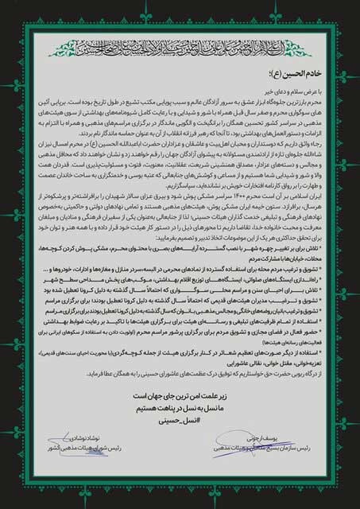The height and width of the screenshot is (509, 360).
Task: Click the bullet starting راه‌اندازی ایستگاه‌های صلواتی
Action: [x=238, y=297]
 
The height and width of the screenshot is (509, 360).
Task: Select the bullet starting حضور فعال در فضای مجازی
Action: [x=238, y=347]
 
